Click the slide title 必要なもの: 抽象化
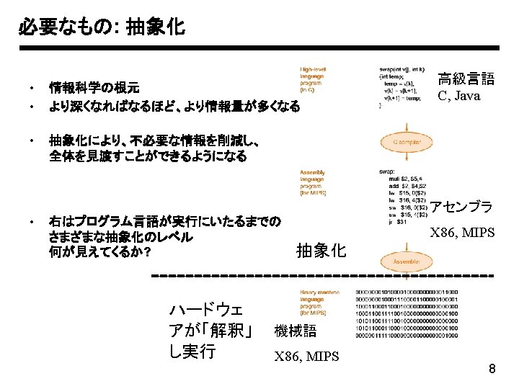[102, 28]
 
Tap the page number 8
[492, 370]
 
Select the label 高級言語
[466, 79]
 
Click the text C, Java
[458, 96]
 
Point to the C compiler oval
[407, 143]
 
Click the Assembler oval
[407, 261]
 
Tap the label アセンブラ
[462, 207]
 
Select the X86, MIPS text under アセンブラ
[462, 233]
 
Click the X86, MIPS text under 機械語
[306, 356]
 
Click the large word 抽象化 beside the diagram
[321, 251]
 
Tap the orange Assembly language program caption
[314, 183]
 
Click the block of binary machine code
[407, 313]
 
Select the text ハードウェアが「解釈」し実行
[209, 331]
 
